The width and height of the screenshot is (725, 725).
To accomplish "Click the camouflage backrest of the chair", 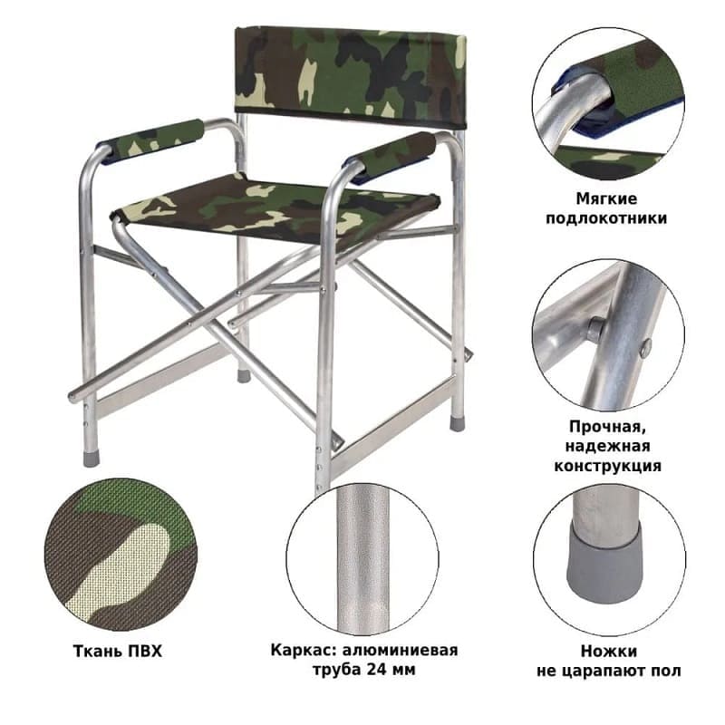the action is [x=350, y=76].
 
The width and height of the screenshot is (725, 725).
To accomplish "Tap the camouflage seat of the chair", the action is [x=275, y=210].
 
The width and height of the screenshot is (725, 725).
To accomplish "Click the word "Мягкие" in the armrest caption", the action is [x=606, y=198].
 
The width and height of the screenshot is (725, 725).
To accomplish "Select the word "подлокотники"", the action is [x=606, y=217].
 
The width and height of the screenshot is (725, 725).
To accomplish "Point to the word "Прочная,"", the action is [x=607, y=427].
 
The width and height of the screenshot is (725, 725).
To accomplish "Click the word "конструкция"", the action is [x=607, y=466].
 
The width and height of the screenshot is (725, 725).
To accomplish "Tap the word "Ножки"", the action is [x=608, y=652].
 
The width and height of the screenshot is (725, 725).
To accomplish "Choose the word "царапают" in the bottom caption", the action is [x=609, y=671].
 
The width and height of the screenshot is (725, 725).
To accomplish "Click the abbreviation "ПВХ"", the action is [x=145, y=652].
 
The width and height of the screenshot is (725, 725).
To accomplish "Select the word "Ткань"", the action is [x=98, y=652].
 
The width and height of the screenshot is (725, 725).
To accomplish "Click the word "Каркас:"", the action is [x=304, y=651].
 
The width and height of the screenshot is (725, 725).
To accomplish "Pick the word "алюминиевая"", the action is [x=401, y=651].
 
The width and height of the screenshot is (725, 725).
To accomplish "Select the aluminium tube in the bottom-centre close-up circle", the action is [x=363, y=558].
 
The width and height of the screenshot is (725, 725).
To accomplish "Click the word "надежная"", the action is [x=607, y=446].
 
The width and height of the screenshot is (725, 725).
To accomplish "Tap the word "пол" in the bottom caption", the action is [x=669, y=671].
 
